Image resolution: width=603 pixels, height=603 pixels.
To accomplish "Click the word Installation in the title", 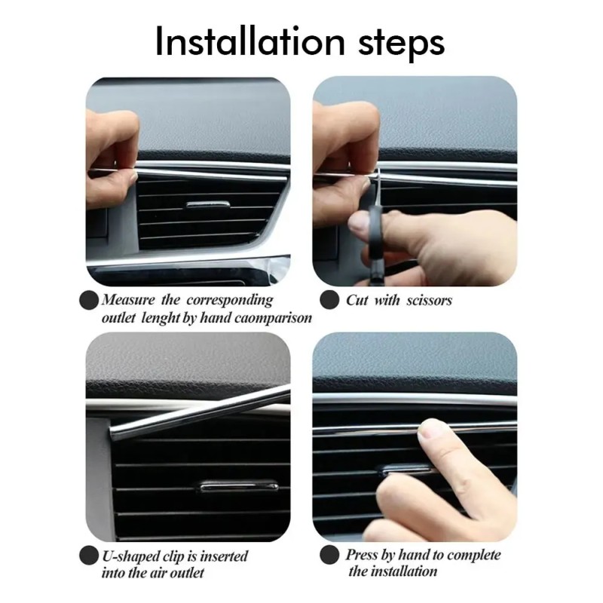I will [249, 42].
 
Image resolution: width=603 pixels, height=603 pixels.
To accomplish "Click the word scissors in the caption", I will [427, 300].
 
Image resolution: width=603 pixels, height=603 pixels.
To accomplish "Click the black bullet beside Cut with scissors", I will [329, 300].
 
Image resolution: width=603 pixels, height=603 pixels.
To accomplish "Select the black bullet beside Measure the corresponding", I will [89, 300].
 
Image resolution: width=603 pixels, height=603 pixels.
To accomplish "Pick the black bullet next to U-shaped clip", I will [89, 557].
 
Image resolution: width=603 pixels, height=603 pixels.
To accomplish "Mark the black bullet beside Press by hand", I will [329, 556].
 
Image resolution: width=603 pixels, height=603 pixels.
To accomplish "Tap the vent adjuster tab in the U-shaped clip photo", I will [239, 486].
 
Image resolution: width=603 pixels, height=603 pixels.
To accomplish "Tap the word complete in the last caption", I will [474, 555].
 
